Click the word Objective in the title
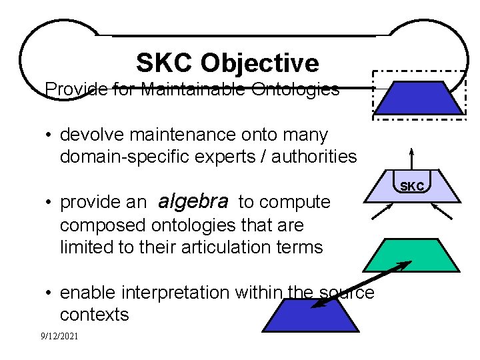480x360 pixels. tap(259, 63)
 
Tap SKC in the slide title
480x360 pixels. tap(165, 63)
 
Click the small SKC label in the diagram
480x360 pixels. tap(411, 187)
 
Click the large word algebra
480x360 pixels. tap(193, 201)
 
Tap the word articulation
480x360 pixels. tap(229, 247)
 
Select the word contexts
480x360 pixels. tap(94, 315)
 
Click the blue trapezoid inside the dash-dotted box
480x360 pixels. tap(417, 97)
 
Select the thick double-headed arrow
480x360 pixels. tap(361, 285)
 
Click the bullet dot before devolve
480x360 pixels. tap(50, 135)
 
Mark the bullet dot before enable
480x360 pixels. tap(50, 293)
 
